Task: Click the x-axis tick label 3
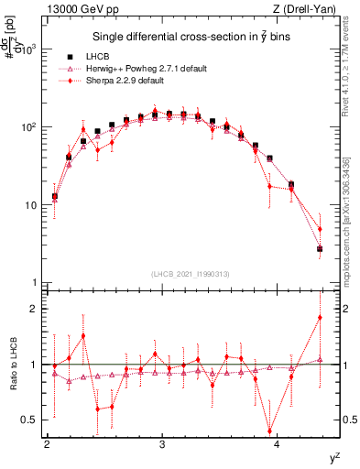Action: tap(162, 445)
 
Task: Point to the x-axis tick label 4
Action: tap(277, 445)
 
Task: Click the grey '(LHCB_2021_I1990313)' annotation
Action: tap(191, 276)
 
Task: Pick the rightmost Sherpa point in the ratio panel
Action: tap(320, 317)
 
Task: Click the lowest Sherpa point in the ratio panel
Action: tap(270, 431)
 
